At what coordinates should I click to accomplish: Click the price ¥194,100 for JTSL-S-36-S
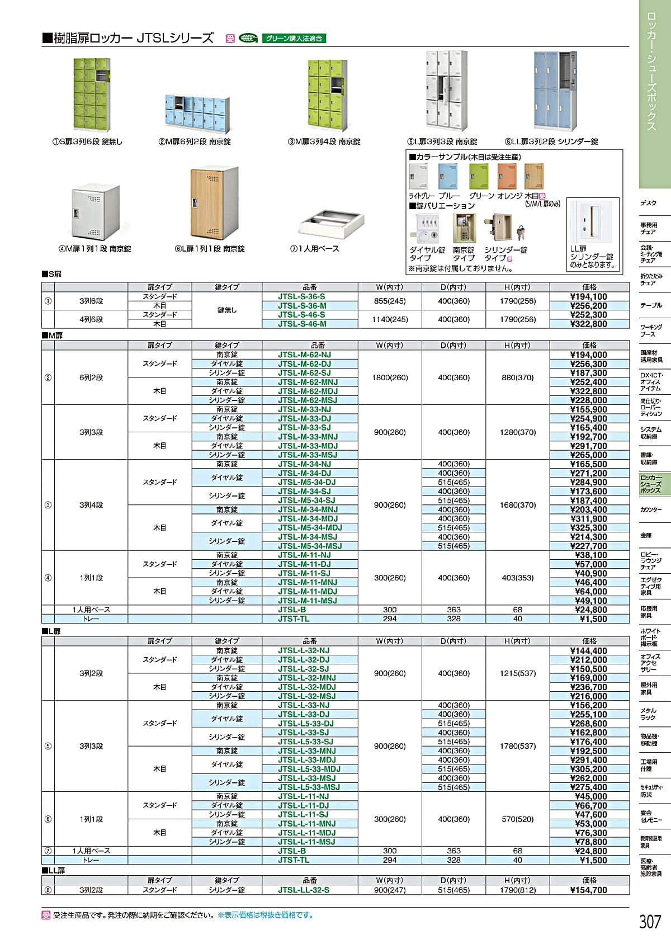[588, 297]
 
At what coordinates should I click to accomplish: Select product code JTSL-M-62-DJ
[304, 364]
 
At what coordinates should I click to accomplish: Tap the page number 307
[650, 921]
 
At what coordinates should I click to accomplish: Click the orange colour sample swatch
[507, 177]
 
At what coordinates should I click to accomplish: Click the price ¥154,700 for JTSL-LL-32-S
[588, 890]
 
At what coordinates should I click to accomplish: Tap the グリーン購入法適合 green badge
[294, 39]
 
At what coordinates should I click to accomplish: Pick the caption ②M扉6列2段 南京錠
[195, 142]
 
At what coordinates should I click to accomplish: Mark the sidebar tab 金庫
[646, 535]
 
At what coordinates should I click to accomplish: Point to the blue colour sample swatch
[447, 177]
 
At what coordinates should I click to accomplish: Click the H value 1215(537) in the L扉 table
[517, 673]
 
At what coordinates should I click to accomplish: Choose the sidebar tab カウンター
[651, 510]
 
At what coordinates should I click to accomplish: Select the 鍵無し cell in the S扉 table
[226, 310]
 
